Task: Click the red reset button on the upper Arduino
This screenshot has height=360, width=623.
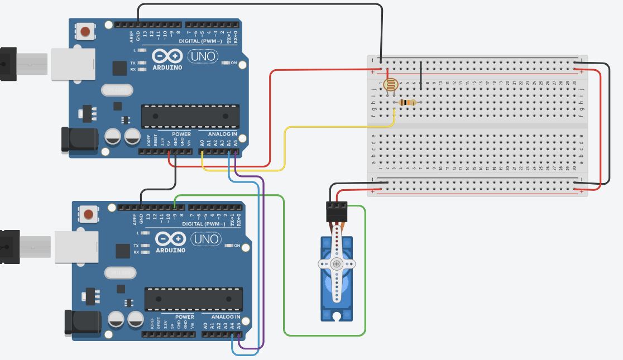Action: tap(85, 32)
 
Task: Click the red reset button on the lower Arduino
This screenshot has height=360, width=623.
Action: tap(88, 214)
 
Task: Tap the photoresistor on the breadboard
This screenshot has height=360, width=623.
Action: tap(391, 85)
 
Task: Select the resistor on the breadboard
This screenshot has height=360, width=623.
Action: tap(408, 102)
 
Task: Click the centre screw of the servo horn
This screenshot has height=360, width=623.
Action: tap(337, 264)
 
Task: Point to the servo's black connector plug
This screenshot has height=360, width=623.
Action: tap(337, 212)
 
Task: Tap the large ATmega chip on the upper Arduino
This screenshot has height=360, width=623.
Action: tap(190, 116)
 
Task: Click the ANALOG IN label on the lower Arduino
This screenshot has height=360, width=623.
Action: tap(226, 316)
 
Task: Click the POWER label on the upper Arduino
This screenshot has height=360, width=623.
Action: tap(181, 134)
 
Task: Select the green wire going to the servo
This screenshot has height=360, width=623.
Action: tap(284, 268)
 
